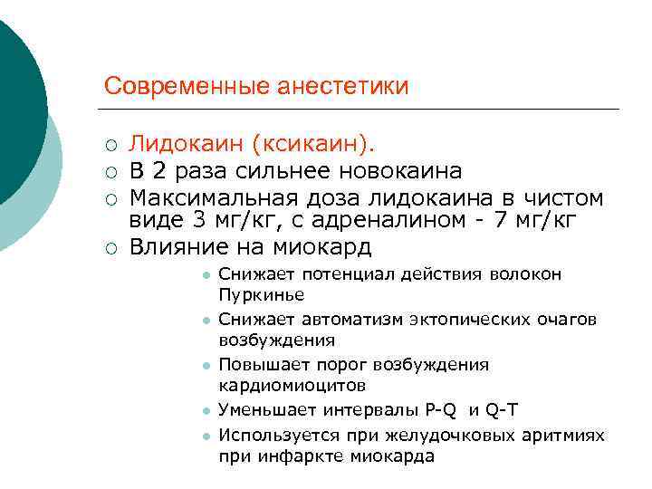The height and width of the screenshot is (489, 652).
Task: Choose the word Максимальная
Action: pyautogui.click(x=217, y=196)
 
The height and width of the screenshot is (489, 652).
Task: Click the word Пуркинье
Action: pyautogui.click(x=261, y=295)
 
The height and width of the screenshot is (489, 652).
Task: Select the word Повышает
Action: pyautogui.click(x=263, y=364)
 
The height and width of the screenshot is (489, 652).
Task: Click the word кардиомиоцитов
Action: pyautogui.click(x=292, y=386)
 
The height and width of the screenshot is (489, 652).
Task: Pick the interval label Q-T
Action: pyautogui.click(x=503, y=409)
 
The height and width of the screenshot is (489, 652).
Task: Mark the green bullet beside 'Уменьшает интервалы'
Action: pyautogui.click(x=206, y=411)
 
